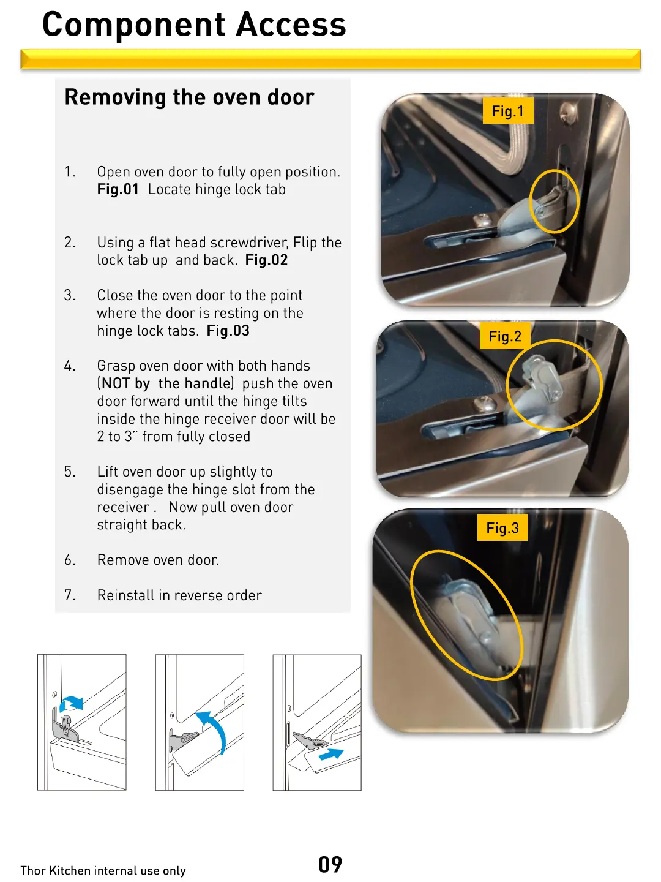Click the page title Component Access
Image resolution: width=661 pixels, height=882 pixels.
point(194,25)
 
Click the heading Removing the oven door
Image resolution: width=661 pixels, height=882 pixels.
point(189,97)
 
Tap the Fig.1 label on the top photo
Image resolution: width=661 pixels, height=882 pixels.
point(507,111)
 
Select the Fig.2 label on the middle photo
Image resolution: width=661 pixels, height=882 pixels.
point(504,336)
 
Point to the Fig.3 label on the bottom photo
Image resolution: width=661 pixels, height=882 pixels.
point(502,528)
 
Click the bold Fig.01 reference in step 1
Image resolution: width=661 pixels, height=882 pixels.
point(118,190)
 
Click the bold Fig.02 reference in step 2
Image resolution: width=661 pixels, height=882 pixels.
point(266,260)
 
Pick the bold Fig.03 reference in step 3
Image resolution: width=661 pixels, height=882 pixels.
point(228,331)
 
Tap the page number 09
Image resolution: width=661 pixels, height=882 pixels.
point(330,865)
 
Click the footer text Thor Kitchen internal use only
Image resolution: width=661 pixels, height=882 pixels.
point(103,871)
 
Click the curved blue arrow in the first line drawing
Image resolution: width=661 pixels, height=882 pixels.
point(72,703)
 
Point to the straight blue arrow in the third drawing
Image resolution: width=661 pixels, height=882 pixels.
point(331,754)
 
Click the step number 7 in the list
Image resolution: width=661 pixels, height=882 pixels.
point(69,595)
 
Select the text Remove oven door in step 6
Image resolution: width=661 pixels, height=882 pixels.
point(157,560)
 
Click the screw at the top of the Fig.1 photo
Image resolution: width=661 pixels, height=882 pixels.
point(568,111)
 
